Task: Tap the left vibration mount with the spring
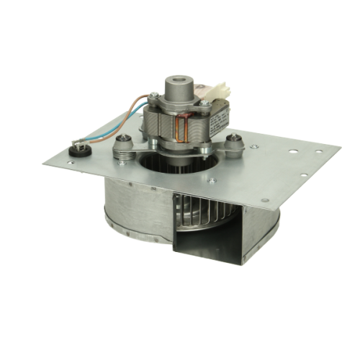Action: pos(125,148)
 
